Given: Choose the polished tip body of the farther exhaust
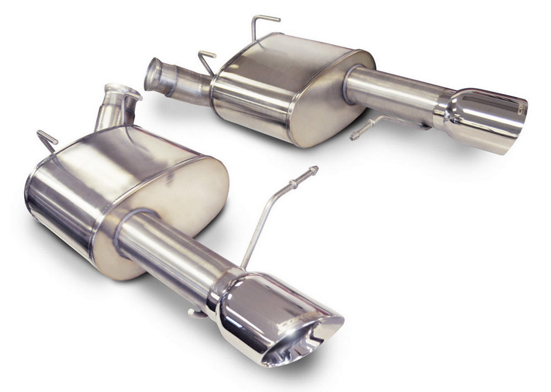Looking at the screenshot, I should pos(483,118).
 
